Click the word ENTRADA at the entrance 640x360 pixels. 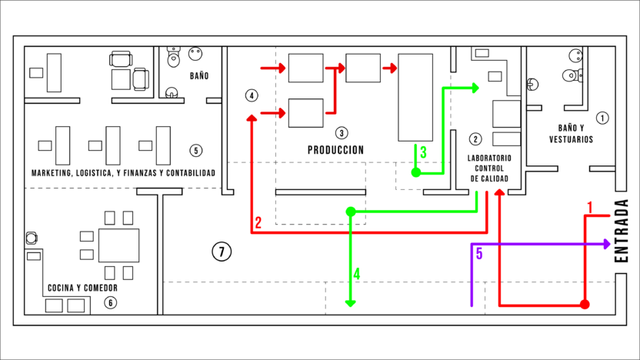(621, 231)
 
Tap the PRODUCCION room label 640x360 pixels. (335, 150)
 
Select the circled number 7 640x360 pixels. (222, 252)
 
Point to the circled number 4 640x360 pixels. (252, 95)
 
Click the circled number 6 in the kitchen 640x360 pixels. (110, 303)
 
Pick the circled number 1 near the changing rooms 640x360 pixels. (602, 118)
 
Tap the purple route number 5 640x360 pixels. (479, 254)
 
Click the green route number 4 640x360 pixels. (357, 274)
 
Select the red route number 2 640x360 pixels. (258, 223)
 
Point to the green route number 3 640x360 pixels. (423, 152)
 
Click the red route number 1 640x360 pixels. (589, 208)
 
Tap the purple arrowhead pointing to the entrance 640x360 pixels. (607, 244)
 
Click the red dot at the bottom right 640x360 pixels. (585, 305)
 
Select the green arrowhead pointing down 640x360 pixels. (350, 303)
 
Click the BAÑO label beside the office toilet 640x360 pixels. (199, 76)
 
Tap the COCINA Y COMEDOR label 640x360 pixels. (82, 288)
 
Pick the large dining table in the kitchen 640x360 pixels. (118, 245)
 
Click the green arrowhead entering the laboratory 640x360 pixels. (475, 88)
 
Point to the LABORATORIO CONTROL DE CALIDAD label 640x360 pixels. (489, 168)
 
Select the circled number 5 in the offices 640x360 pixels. (196, 151)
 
